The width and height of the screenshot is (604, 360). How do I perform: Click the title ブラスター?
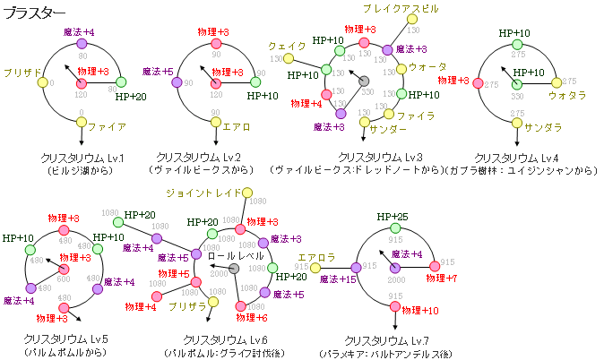(x=32, y=13)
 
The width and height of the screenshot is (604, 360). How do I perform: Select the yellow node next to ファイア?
(x=82, y=124)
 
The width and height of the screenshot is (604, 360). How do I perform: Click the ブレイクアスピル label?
(x=401, y=8)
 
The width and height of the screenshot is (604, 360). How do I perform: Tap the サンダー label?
(x=387, y=130)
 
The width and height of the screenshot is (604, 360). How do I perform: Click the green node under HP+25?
(x=394, y=229)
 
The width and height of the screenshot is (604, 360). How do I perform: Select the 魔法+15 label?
(x=338, y=280)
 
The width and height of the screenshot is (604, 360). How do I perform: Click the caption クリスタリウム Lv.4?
(x=516, y=158)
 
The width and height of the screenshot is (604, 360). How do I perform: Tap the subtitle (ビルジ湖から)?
(x=81, y=169)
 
